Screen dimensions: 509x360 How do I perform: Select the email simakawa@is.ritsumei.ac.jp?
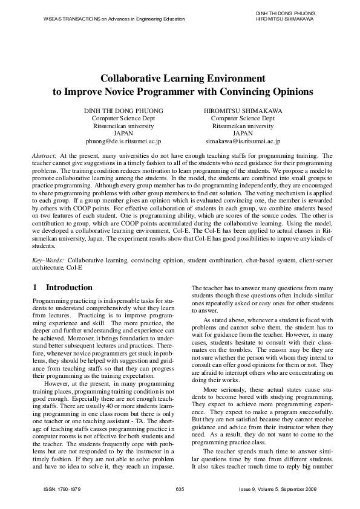pyautogui.click(x=243, y=141)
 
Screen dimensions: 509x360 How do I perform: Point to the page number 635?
pyautogui.click(x=180, y=488)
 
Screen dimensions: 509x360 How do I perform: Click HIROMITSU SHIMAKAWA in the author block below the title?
pyautogui.click(x=243, y=111)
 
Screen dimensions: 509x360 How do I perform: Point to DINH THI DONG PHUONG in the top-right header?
pyautogui.click(x=287, y=13)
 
